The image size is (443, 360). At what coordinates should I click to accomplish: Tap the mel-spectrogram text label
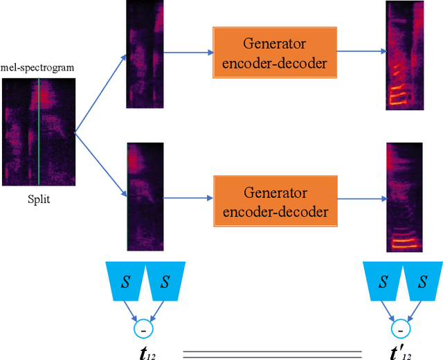pyautogui.click(x=37, y=68)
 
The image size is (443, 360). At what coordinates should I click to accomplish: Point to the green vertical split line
pyautogui.click(x=39, y=132)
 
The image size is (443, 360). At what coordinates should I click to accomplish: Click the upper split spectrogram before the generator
pyautogui.click(x=145, y=54)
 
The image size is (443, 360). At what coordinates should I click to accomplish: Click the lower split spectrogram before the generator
pyautogui.click(x=145, y=196)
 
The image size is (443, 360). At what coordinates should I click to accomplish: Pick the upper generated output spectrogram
pyautogui.click(x=405, y=55)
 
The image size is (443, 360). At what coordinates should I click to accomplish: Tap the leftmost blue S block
pyautogui.click(x=125, y=282)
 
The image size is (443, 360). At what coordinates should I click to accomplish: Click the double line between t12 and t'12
pyautogui.click(x=272, y=354)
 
